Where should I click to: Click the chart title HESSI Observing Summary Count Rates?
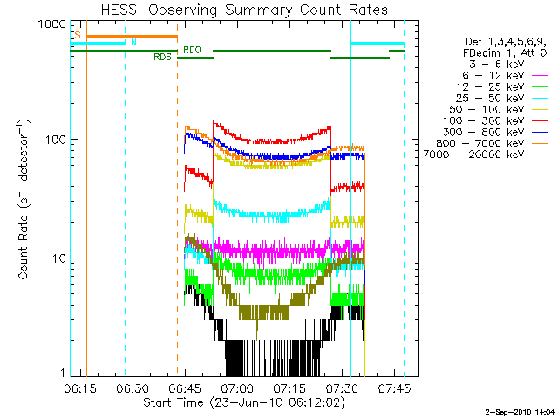click(244, 10)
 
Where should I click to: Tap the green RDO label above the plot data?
click(192, 50)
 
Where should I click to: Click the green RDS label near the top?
click(162, 58)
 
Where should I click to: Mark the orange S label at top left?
click(78, 35)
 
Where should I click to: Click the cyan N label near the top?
click(133, 42)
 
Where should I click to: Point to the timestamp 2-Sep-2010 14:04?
click(519, 409)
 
